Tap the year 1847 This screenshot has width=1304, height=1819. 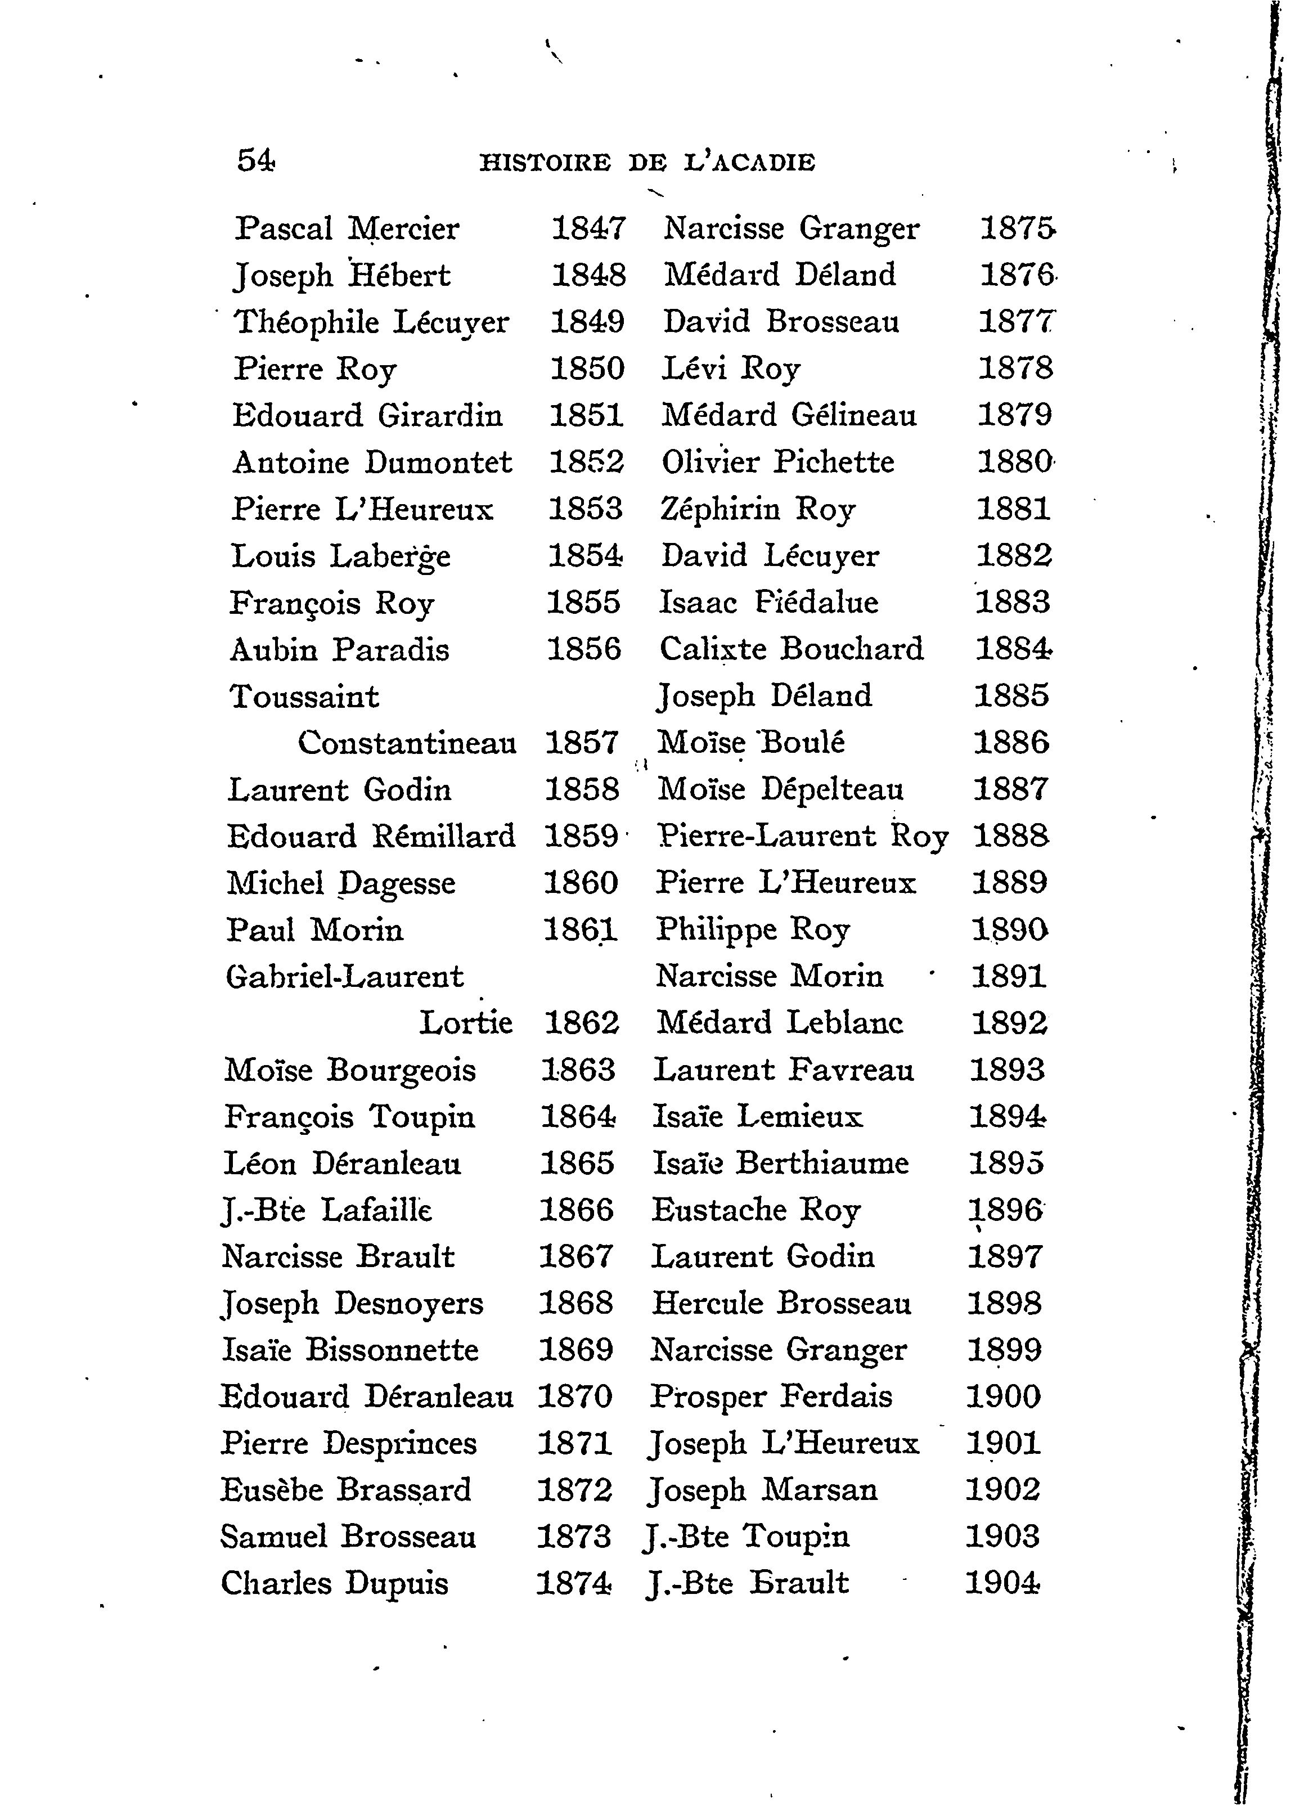point(588,228)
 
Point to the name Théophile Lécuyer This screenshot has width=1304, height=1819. point(371,323)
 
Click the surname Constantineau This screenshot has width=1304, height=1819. point(407,743)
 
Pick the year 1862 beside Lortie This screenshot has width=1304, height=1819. point(582,1022)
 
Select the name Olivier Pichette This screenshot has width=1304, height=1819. point(777,462)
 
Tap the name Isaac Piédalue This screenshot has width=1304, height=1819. point(768,603)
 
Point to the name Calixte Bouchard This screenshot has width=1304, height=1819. point(791,649)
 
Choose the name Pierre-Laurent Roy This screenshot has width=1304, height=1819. point(802,837)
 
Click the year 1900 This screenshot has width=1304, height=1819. point(1003,1396)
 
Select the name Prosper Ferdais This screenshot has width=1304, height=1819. point(770,1397)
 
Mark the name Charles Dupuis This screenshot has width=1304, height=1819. point(334,1583)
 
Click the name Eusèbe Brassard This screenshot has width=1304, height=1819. point(345,1490)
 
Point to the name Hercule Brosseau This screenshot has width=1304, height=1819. point(781,1303)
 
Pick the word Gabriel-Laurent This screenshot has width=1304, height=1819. point(345,977)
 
